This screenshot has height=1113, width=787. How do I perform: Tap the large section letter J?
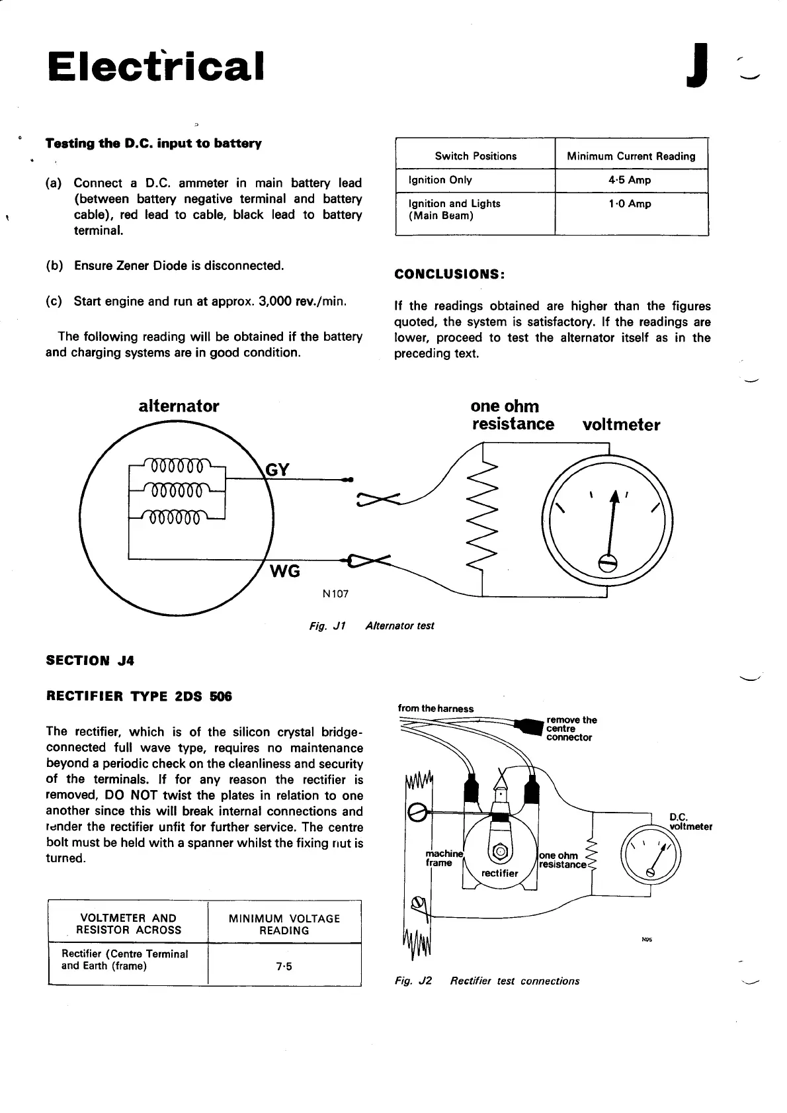point(698,66)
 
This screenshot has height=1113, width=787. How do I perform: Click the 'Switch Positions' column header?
point(476,156)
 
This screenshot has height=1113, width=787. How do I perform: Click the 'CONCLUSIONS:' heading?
point(450,274)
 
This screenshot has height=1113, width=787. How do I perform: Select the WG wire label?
point(285,571)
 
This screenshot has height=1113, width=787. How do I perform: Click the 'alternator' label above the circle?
point(179,406)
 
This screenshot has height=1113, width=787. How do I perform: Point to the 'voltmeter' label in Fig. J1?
point(621,425)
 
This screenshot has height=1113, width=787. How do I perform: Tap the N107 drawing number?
point(335,594)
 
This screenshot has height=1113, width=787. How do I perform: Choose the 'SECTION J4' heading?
point(90,660)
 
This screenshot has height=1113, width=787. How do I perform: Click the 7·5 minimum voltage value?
point(284,966)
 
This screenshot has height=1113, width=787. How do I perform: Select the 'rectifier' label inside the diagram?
point(499,873)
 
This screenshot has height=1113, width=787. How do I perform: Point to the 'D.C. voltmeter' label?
point(690,821)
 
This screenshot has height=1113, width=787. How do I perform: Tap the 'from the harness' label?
point(436,709)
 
